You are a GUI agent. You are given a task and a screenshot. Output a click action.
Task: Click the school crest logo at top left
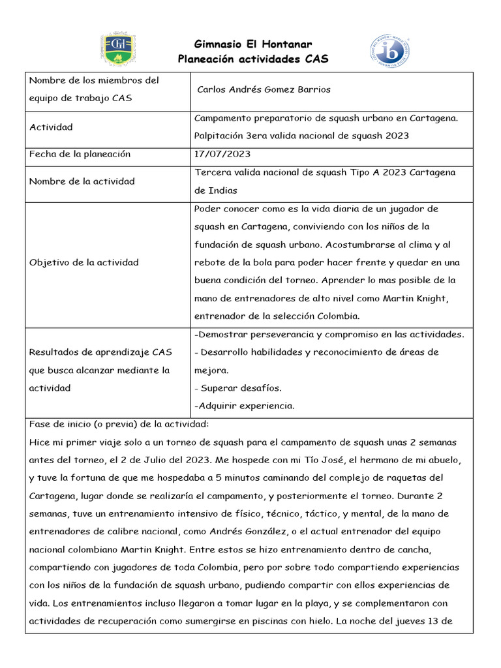click(117, 50)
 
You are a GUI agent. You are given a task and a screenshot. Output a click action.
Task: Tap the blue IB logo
click(389, 50)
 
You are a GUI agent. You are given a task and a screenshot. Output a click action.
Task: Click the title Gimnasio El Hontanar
click(253, 44)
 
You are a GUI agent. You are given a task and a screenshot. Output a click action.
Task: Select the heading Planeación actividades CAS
click(253, 59)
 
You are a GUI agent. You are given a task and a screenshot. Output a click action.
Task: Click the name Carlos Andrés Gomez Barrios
click(264, 89)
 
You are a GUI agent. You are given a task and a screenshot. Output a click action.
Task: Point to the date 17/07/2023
click(222, 154)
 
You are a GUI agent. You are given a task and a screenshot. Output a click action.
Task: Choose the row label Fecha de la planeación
click(80, 154)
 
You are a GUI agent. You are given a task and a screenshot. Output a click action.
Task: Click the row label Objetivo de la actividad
click(83, 262)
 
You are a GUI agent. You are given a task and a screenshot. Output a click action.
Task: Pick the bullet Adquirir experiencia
click(245, 406)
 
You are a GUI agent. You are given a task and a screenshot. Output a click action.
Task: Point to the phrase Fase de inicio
click(57, 424)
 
